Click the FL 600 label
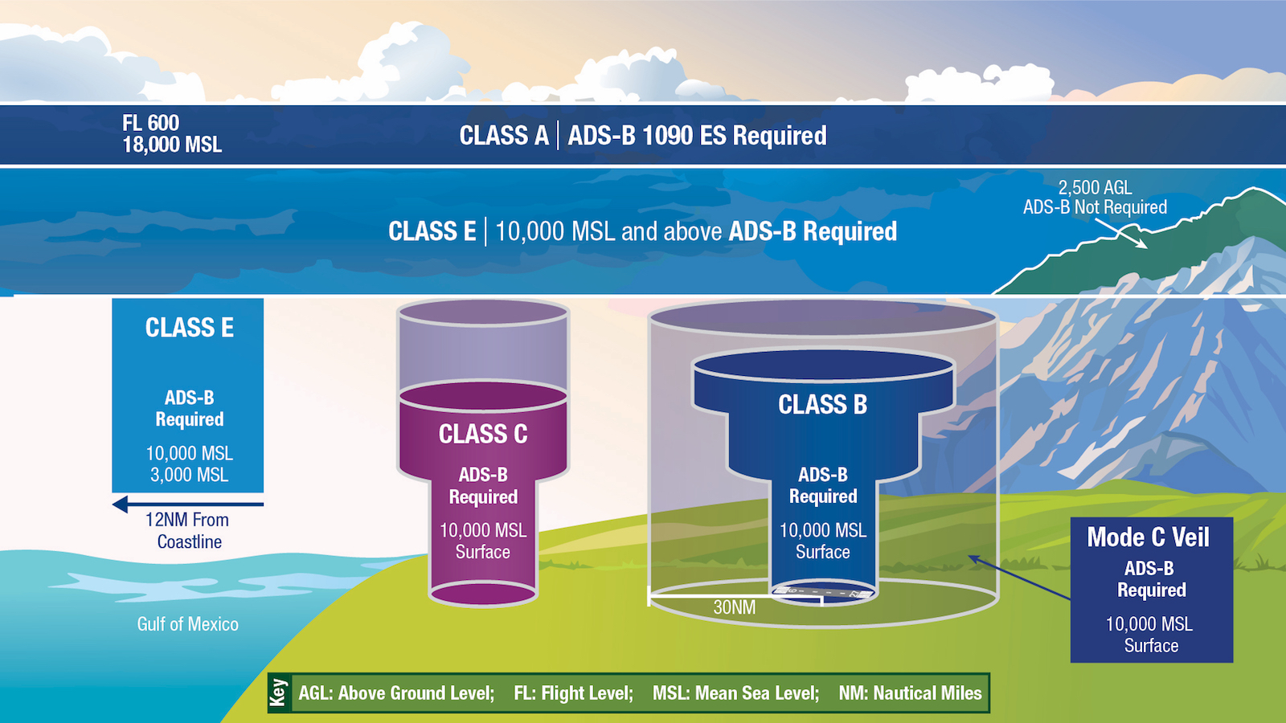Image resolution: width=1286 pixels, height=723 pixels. tap(150, 123)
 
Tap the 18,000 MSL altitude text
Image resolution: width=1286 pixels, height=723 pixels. tap(172, 145)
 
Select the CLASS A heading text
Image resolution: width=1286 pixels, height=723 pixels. tap(503, 136)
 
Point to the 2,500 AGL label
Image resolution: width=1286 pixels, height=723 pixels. tap(1095, 188)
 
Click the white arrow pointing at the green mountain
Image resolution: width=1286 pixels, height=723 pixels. tap(1121, 234)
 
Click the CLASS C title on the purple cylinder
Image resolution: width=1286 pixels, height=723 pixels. tap(483, 435)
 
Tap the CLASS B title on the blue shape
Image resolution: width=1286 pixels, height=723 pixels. tap(822, 405)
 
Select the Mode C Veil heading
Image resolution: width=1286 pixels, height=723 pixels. tap(1149, 537)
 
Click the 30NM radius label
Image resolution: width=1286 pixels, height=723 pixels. tap(735, 607)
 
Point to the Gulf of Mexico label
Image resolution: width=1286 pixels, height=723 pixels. tap(188, 624)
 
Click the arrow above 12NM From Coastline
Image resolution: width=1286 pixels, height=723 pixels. tap(188, 505)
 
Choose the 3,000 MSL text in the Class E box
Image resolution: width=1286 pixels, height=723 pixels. tap(189, 475)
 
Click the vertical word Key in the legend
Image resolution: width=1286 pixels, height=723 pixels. tap(278, 692)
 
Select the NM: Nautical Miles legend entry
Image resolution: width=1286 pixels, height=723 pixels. tap(910, 693)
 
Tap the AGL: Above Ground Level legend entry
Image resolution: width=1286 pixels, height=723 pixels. tap(396, 693)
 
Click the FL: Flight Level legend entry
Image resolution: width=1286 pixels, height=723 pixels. tap(573, 693)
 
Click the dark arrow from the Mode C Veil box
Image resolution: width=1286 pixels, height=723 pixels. tap(1019, 578)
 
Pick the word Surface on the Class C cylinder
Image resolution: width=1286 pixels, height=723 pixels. tap(483, 552)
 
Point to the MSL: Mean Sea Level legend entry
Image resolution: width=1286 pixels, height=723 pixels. tap(735, 693)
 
